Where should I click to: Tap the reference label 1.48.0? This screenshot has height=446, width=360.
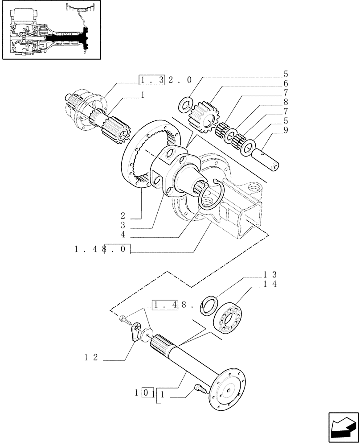pyautogui.click(x=102, y=250)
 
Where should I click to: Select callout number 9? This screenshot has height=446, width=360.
pyautogui.click(x=286, y=130)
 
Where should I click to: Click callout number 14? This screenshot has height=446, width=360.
pyautogui.click(x=270, y=285)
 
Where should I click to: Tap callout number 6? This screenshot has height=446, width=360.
pyautogui.click(x=286, y=83)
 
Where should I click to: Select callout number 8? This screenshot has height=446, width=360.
pyautogui.click(x=286, y=102)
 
